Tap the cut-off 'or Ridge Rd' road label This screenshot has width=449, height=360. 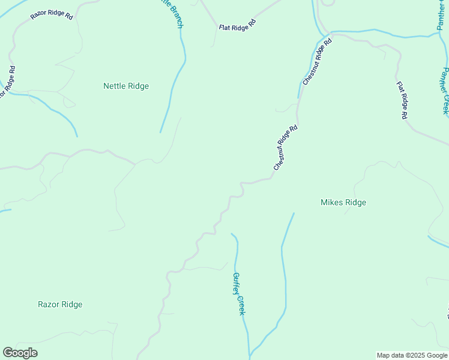tap(7, 82)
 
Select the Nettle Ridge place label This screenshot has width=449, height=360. tap(126, 86)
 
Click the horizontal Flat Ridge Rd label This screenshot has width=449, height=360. tap(237, 25)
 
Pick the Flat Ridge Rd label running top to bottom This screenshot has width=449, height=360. tap(402, 99)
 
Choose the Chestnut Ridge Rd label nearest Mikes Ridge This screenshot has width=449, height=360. tap(286, 148)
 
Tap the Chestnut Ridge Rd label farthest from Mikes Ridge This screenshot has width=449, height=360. tap(318, 62)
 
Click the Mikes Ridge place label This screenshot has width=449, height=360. tap(343, 202)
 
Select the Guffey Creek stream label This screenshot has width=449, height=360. tap(239, 293)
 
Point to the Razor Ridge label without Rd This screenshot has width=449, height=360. tap(60, 304)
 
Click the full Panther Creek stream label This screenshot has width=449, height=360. tap(445, 91)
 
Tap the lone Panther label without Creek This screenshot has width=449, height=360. tap(442, 16)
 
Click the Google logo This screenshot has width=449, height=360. tap(20, 353)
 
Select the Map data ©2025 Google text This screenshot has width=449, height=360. tap(412, 355)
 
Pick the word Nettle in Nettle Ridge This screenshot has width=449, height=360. tap(113, 86)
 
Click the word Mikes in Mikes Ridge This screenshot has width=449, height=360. tap(331, 202)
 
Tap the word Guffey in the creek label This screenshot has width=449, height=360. tap(237, 283)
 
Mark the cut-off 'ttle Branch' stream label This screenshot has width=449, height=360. tap(171, 12)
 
